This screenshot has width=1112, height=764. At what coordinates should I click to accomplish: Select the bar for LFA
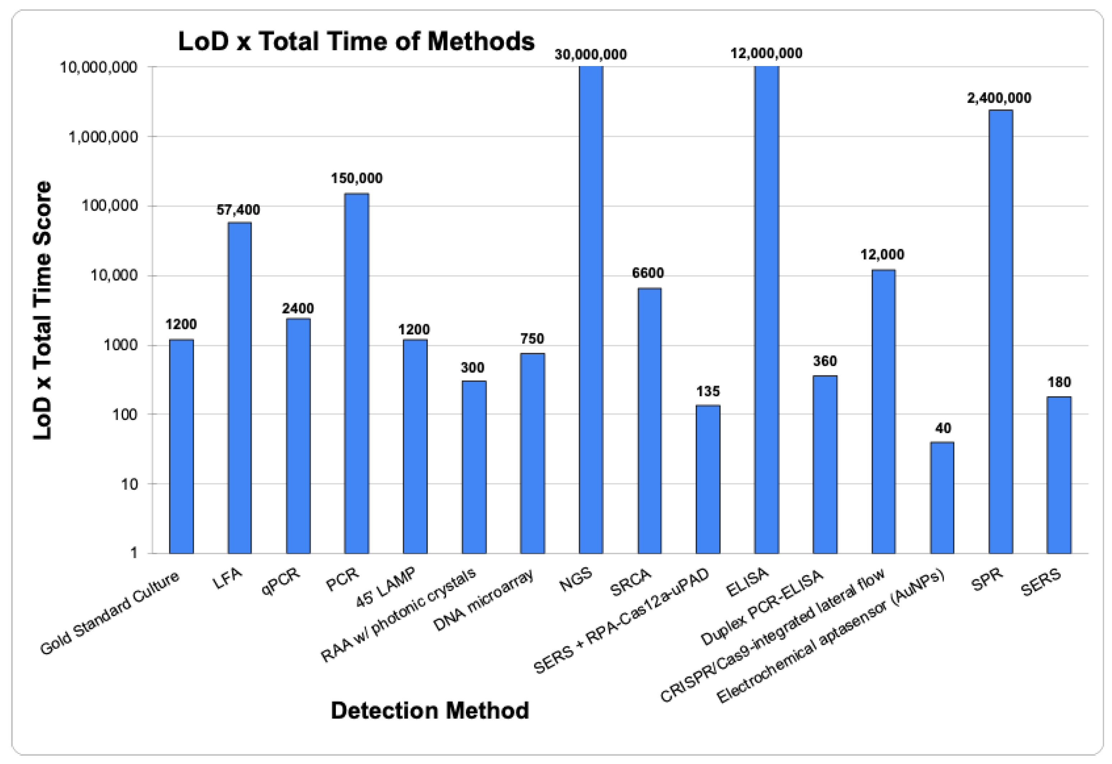click(x=239, y=388)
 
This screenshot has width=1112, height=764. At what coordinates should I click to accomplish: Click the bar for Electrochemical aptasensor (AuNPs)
click(x=942, y=497)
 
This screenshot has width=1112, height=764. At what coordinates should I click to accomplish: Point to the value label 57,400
click(x=238, y=210)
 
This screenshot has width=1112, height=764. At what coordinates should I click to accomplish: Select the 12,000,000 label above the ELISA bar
click(x=766, y=53)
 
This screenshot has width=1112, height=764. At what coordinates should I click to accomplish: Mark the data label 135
click(x=707, y=392)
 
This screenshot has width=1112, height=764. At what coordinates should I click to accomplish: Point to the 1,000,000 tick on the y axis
click(x=103, y=137)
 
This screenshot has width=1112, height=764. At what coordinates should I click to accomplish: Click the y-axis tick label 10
click(x=128, y=484)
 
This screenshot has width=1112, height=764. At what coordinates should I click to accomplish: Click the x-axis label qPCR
click(x=281, y=581)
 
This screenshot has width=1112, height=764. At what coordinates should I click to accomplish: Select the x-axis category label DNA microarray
click(x=483, y=600)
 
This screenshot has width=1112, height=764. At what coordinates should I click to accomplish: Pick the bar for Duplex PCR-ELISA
click(x=824, y=464)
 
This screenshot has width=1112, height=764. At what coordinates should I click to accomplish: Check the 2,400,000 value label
click(x=999, y=98)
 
